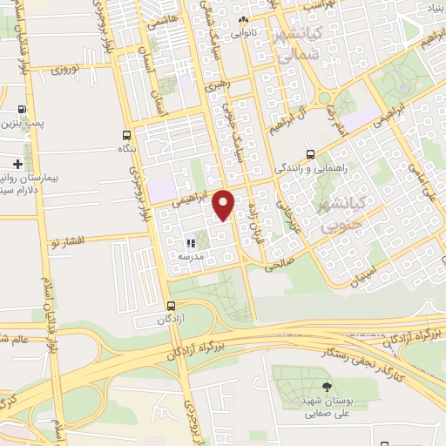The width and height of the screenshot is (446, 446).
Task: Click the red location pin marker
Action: pyautogui.click(x=224, y=206)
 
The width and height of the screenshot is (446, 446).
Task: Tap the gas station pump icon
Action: pyautogui.click(x=22, y=111)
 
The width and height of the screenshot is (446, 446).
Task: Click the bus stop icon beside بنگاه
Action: pyautogui.click(x=128, y=135)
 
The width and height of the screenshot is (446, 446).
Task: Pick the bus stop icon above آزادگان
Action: pyautogui.click(x=171, y=306)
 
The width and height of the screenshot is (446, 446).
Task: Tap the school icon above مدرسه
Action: pyautogui.click(x=190, y=243)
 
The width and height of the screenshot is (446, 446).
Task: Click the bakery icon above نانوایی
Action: pyautogui.click(x=244, y=21)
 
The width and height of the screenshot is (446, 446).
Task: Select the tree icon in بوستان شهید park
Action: pyautogui.click(x=328, y=387)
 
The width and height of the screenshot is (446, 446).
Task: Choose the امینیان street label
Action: pyautogui.click(x=367, y=278)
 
